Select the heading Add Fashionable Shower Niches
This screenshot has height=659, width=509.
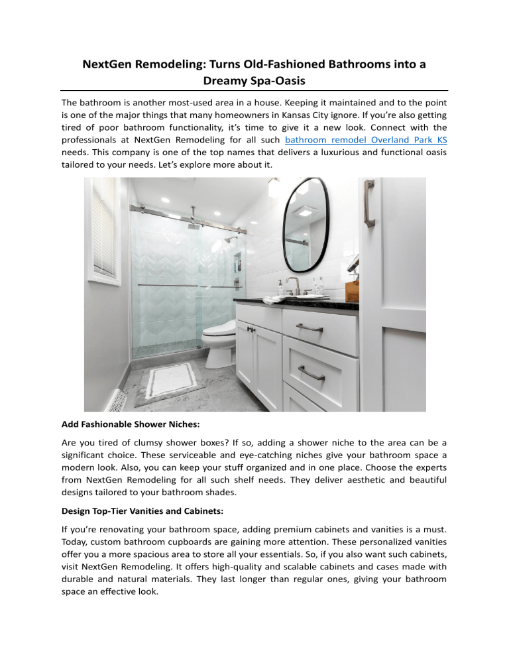point(136,423)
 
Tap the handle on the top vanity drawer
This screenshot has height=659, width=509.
point(310,327)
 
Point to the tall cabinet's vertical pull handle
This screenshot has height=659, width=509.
point(369,204)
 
